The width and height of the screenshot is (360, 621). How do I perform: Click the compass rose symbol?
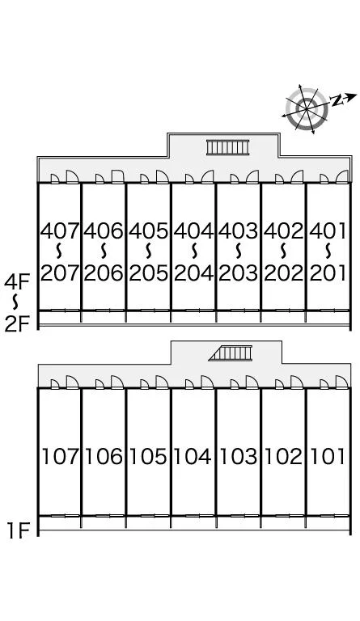coord(307,109)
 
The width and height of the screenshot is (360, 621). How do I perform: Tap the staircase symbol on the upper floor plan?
coord(228,147)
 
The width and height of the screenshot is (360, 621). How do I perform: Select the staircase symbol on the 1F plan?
coord(231,353)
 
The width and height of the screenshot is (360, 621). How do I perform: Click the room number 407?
coord(60,230)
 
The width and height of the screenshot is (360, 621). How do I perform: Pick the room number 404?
coord(193,230)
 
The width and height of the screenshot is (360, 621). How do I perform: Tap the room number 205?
coord(149,272)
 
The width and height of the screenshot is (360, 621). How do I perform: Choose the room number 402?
coord(284,230)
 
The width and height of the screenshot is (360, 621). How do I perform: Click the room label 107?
coord(61,456)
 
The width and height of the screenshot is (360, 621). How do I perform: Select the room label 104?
coord(193,456)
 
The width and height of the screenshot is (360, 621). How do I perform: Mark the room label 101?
coord(328,456)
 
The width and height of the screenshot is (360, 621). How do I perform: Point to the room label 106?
coord(104,456)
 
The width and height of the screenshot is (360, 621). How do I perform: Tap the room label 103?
coord(239,456)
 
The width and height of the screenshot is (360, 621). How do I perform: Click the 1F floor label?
coord(19,530)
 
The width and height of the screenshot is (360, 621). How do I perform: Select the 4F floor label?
coord(17,283)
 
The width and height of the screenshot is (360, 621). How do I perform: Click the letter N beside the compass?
coord(337,99)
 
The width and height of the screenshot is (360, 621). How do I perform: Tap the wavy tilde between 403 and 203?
coord(239,251)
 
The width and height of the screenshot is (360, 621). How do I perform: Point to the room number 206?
coord(104,272)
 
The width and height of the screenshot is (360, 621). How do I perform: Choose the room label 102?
coord(283,456)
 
